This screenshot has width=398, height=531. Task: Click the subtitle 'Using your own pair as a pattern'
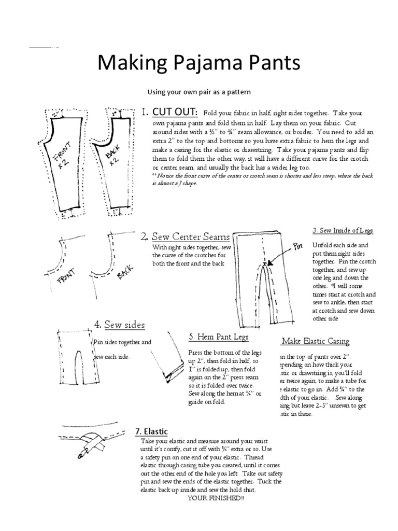click(x=199, y=92)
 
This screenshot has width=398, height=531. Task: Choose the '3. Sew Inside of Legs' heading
click(x=343, y=230)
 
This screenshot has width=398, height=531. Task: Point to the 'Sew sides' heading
click(x=124, y=325)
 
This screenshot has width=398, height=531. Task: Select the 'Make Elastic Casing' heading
click(x=315, y=341)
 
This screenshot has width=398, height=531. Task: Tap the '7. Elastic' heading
click(x=151, y=431)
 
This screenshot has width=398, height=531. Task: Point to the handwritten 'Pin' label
click(x=297, y=247)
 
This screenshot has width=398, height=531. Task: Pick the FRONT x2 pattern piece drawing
click(x=62, y=161)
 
